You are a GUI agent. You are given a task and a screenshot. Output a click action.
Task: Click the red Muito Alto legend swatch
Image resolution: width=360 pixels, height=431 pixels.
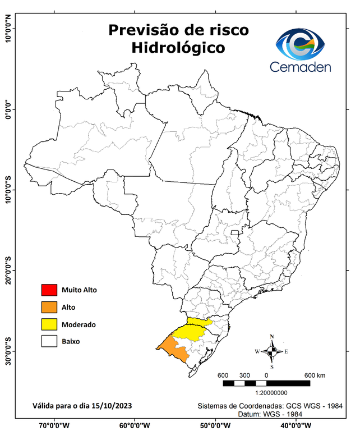pos(49,290)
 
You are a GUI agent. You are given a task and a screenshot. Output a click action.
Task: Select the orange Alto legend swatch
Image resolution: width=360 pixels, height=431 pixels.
pos(49,307)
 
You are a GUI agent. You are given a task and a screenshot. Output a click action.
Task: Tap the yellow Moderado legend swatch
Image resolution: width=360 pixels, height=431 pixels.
pos(49,324)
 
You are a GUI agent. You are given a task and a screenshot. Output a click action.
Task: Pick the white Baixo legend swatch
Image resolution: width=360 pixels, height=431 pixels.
pos(49,341)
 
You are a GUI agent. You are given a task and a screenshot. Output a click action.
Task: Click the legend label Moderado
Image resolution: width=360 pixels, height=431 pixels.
pos(79,324)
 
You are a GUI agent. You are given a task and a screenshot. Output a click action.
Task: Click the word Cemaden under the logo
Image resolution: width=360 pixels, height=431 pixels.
pos(301,67)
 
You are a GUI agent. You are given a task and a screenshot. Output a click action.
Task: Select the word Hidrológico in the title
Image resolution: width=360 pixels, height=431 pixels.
pos(178,48)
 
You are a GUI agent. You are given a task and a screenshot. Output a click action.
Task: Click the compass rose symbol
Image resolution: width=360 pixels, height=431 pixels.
pos(272,352)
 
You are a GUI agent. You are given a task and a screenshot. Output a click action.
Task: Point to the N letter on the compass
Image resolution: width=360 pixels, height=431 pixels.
pos(272,337)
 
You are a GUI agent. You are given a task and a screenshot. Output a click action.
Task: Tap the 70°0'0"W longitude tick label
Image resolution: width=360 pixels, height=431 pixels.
pos(54,425)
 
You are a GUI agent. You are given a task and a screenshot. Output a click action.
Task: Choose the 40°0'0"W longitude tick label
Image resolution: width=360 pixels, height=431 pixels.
pos(298,425)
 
